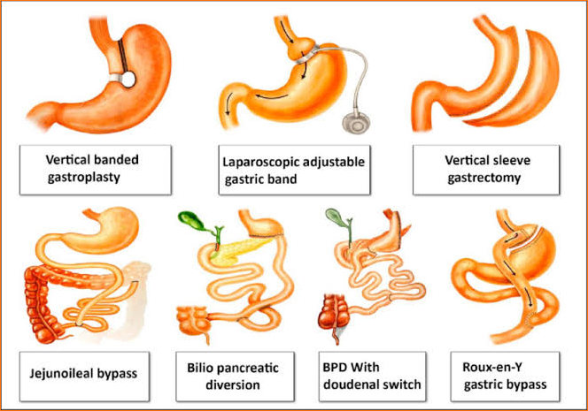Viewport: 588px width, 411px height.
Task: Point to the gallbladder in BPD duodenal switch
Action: pos(337,217)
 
